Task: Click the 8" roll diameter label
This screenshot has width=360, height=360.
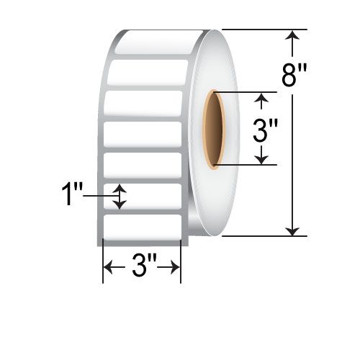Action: pyautogui.click(x=294, y=76)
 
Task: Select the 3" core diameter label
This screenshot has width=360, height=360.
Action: pyautogui.click(x=265, y=131)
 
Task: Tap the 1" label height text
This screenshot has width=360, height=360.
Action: pyautogui.click(x=72, y=194)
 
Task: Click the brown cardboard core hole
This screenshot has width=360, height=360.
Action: pyautogui.click(x=214, y=129)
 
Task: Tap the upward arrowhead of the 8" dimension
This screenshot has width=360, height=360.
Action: pyautogui.click(x=292, y=35)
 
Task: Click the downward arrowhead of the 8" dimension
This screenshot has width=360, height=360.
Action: pyautogui.click(x=292, y=231)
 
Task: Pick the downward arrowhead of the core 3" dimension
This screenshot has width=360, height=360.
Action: pyautogui.click(x=261, y=160)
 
